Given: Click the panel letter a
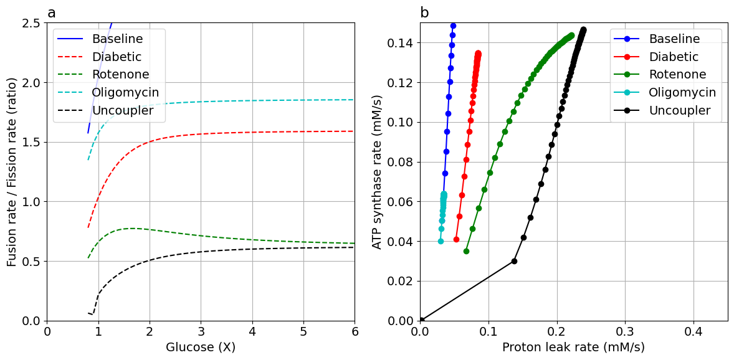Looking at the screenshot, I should pyautogui.click(x=52, y=13).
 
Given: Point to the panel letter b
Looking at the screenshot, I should pyautogui.click(x=424, y=13).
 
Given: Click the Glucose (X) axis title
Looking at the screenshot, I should pyautogui.click(x=201, y=347).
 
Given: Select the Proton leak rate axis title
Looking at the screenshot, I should pyautogui.click(x=573, y=347).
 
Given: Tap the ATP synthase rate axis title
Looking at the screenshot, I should pyautogui.click(x=377, y=172).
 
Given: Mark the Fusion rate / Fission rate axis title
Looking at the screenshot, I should pyautogui.click(x=12, y=172).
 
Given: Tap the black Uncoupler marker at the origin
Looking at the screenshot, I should pyautogui.click(x=421, y=320).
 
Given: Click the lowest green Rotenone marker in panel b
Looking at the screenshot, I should pyautogui.click(x=466, y=251).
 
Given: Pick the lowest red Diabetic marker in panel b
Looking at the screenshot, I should pyautogui.click(x=456, y=239).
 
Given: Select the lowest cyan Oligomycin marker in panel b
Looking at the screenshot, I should pyautogui.click(x=441, y=241).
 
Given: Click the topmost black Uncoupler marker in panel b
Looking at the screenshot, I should pyautogui.click(x=583, y=29).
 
